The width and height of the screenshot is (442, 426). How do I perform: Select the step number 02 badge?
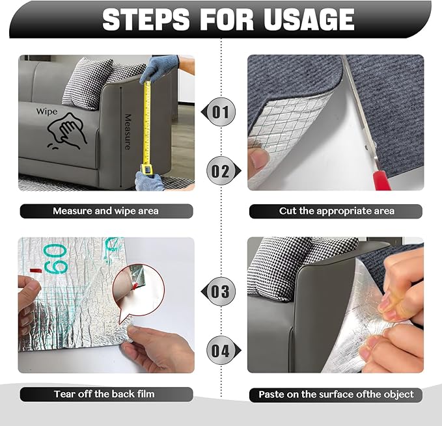point(221,172)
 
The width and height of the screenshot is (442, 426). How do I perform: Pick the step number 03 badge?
point(221,291)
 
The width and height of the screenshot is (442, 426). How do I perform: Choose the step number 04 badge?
point(221,351)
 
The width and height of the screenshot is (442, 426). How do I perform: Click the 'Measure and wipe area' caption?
point(105,211)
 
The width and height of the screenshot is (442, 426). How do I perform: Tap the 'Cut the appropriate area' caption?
point(336,211)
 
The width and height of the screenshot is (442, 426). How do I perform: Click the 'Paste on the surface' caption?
point(336,394)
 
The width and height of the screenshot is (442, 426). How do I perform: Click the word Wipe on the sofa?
point(46,112)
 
